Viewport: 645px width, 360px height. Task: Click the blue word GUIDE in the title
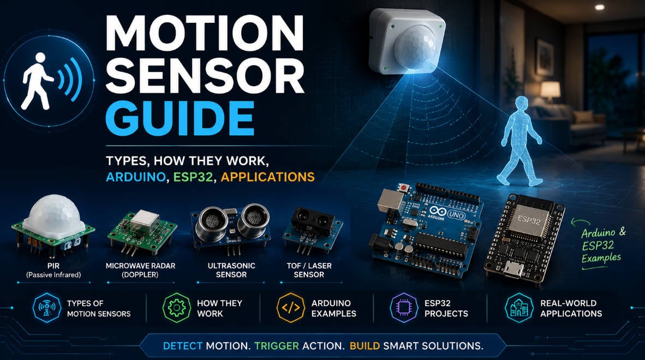pos(180,118)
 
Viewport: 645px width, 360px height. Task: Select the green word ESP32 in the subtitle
pos(193,177)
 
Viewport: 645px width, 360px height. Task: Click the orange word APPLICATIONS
pos(268,177)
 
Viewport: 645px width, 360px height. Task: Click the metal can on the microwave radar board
pos(146,221)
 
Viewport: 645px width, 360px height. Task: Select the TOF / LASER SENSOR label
pos(309,270)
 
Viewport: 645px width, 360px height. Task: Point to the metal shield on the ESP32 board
pos(529,221)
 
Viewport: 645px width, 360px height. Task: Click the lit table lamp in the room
pos(550,91)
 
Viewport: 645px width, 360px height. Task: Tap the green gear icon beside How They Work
pos(177,308)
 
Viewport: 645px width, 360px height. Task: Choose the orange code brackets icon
pos(290,308)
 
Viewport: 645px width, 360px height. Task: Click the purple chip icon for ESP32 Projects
pos(404,308)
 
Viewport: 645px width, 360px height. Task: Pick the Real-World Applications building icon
pos(519,308)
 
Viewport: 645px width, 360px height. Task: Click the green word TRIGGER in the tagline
pos(277,346)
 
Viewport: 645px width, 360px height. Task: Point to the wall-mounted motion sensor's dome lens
pos(415,45)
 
